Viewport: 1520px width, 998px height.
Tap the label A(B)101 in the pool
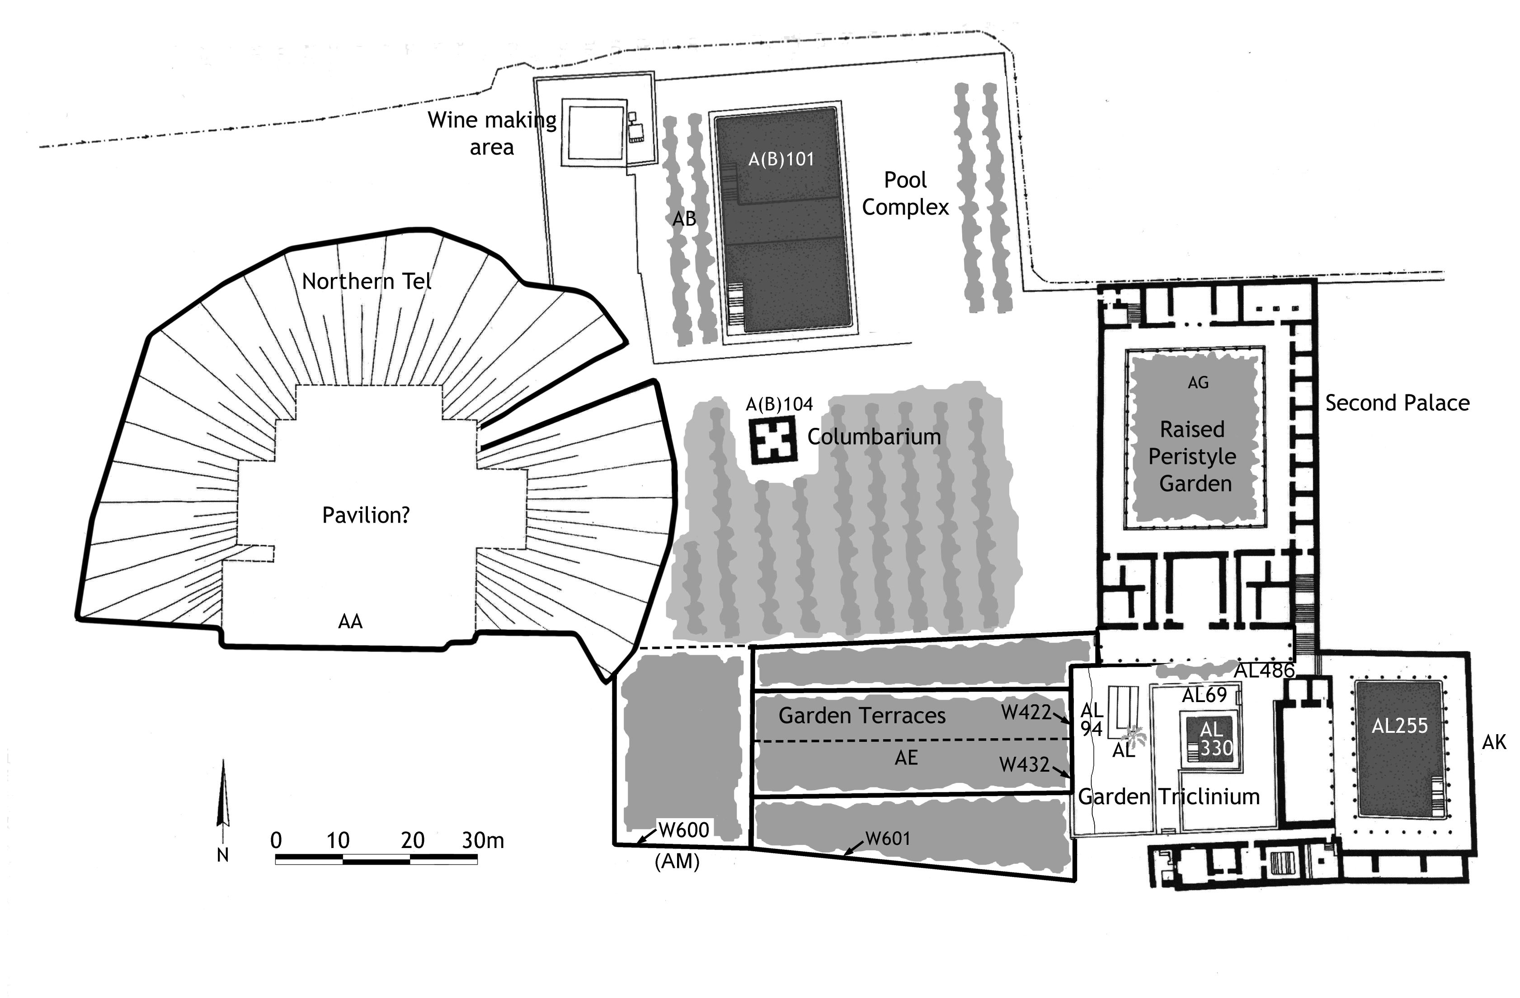pyautogui.click(x=781, y=159)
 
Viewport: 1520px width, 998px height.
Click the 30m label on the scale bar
pyautogui.click(x=483, y=840)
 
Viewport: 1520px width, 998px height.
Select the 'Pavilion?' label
pyautogui.click(x=365, y=515)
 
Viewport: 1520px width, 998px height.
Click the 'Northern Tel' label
pyautogui.click(x=367, y=281)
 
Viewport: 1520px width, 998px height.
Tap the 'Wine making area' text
pyautogui.click(x=492, y=133)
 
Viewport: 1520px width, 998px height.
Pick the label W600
pyautogui.click(x=683, y=830)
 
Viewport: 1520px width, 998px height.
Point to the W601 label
pyautogui.click(x=887, y=839)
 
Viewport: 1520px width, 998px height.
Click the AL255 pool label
pyautogui.click(x=1399, y=726)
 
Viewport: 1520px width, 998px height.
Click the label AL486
pyautogui.click(x=1264, y=670)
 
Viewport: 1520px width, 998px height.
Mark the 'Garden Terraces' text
pyautogui.click(x=861, y=716)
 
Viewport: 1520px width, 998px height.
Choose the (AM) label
pyautogui.click(x=677, y=862)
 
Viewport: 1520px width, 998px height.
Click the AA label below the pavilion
pyautogui.click(x=350, y=621)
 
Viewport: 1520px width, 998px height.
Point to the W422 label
pyautogui.click(x=1026, y=712)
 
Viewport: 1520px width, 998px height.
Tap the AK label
pyautogui.click(x=1494, y=741)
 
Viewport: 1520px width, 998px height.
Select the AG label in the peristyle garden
pyautogui.click(x=1198, y=383)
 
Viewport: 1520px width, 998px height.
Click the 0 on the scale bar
pyautogui.click(x=276, y=840)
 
